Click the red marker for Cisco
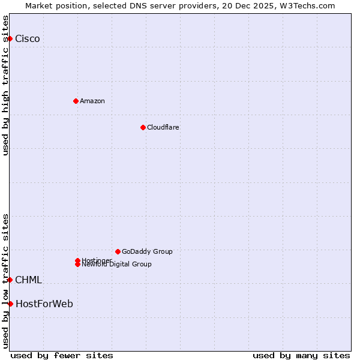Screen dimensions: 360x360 coord(10,38)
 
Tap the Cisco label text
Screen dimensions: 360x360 coord(28,39)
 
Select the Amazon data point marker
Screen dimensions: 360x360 coord(76,101)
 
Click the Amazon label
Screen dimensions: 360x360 coord(92,101)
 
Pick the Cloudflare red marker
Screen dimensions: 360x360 coord(143,127)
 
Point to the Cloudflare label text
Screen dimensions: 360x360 coord(163,127)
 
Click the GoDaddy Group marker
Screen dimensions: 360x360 coord(118,251)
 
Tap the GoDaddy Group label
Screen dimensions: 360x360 coord(147,251)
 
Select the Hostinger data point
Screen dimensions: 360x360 coord(77,260)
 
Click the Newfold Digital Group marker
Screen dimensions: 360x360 coord(77,264)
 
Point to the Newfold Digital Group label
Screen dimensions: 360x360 coord(117,265)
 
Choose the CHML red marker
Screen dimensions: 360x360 coord(10,280)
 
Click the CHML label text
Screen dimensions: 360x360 coord(28,280)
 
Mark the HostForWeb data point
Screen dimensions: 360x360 coord(10,304)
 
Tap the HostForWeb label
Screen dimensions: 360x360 coord(44,304)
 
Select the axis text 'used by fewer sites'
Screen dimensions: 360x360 coord(62,355)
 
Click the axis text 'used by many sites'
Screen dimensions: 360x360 coord(301,355)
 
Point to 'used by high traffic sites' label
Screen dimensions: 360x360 coord(5,85)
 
